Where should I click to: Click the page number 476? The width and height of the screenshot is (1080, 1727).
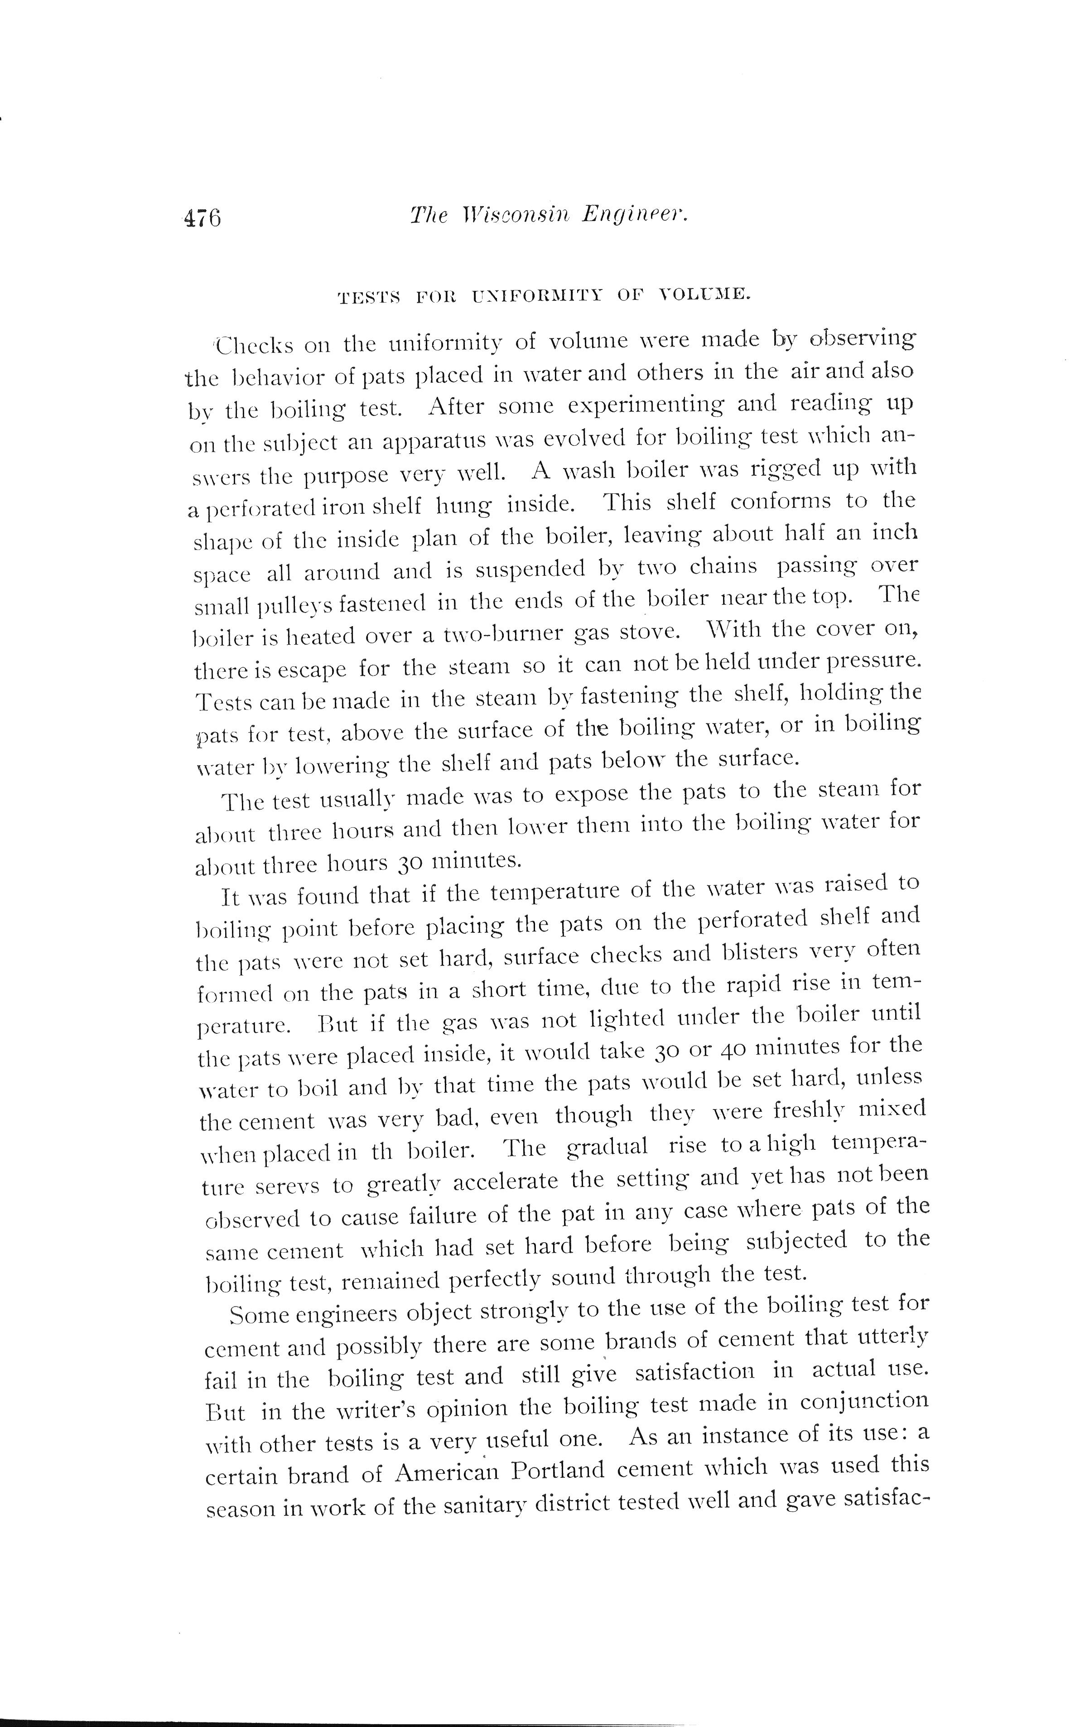(203, 217)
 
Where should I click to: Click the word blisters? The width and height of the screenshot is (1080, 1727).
(745, 954)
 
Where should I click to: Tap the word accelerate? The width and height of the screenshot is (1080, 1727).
(505, 1182)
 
